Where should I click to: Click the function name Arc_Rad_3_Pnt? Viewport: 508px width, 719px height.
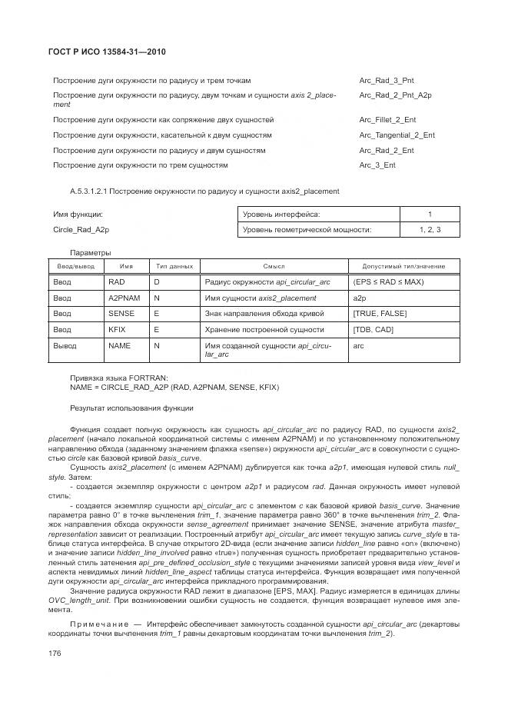387,81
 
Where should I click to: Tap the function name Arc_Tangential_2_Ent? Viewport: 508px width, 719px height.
397,135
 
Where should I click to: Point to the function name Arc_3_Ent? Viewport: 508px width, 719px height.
377,165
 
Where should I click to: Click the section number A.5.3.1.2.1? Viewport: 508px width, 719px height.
91,191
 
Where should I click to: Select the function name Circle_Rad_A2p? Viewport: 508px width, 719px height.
81,230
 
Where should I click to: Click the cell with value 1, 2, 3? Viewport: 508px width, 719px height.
430,230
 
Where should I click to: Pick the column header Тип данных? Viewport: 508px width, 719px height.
174,266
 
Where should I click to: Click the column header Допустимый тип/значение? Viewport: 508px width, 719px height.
403,266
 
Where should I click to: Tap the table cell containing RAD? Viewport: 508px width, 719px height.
117,282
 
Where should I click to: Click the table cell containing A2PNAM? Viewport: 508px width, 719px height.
124,298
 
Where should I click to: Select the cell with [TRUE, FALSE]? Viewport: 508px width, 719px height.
380,314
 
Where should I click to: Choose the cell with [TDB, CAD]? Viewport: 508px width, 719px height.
374,330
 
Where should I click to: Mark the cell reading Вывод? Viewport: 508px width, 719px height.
65,346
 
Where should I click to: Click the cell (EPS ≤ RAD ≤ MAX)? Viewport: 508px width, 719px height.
389,282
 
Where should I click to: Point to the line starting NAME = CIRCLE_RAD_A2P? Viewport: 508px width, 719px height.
174,387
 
